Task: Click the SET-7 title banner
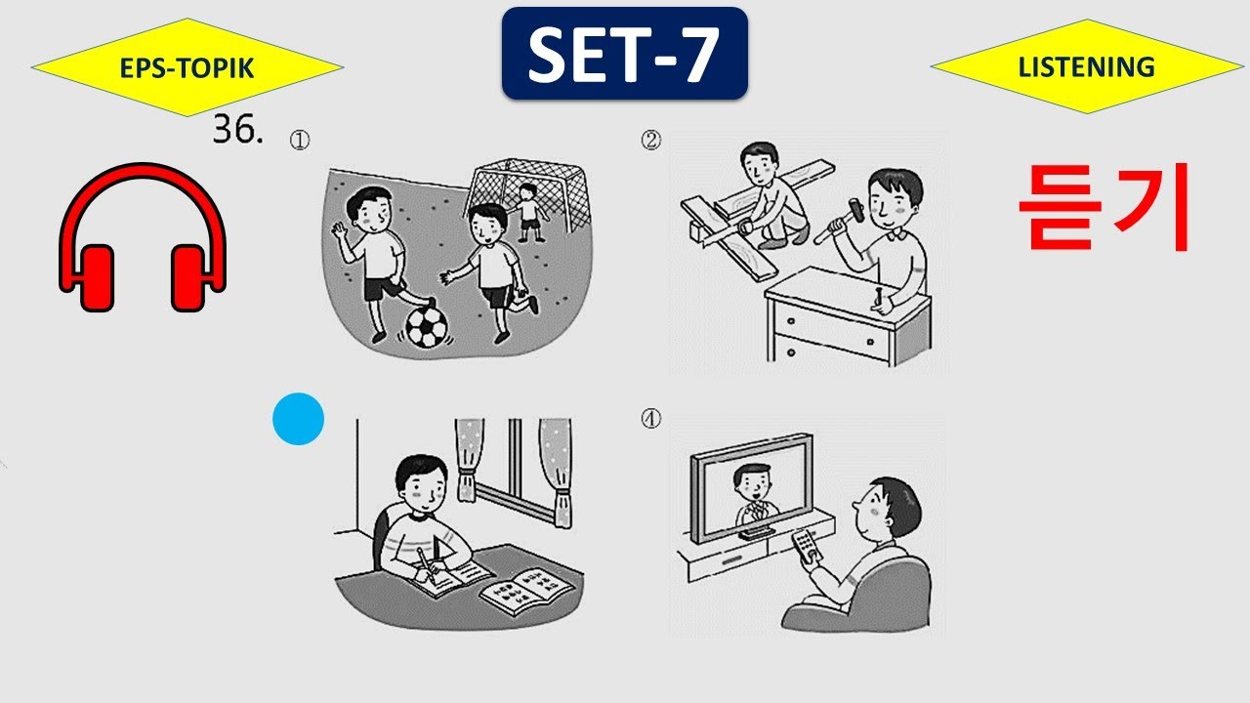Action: (624, 54)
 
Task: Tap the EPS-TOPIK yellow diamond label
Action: (187, 67)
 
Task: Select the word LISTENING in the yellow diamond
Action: (1086, 67)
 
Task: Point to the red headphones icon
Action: (143, 237)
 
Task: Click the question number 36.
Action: (237, 129)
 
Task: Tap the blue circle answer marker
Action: (298, 419)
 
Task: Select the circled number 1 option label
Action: (300, 140)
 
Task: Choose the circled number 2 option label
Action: (650, 140)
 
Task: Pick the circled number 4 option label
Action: (650, 419)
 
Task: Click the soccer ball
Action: (427, 327)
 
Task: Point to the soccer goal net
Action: (527, 192)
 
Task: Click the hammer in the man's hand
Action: (837, 221)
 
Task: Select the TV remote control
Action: (807, 545)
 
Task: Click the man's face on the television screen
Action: (753, 483)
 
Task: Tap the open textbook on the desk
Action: (526, 591)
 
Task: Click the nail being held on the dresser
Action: (880, 299)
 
